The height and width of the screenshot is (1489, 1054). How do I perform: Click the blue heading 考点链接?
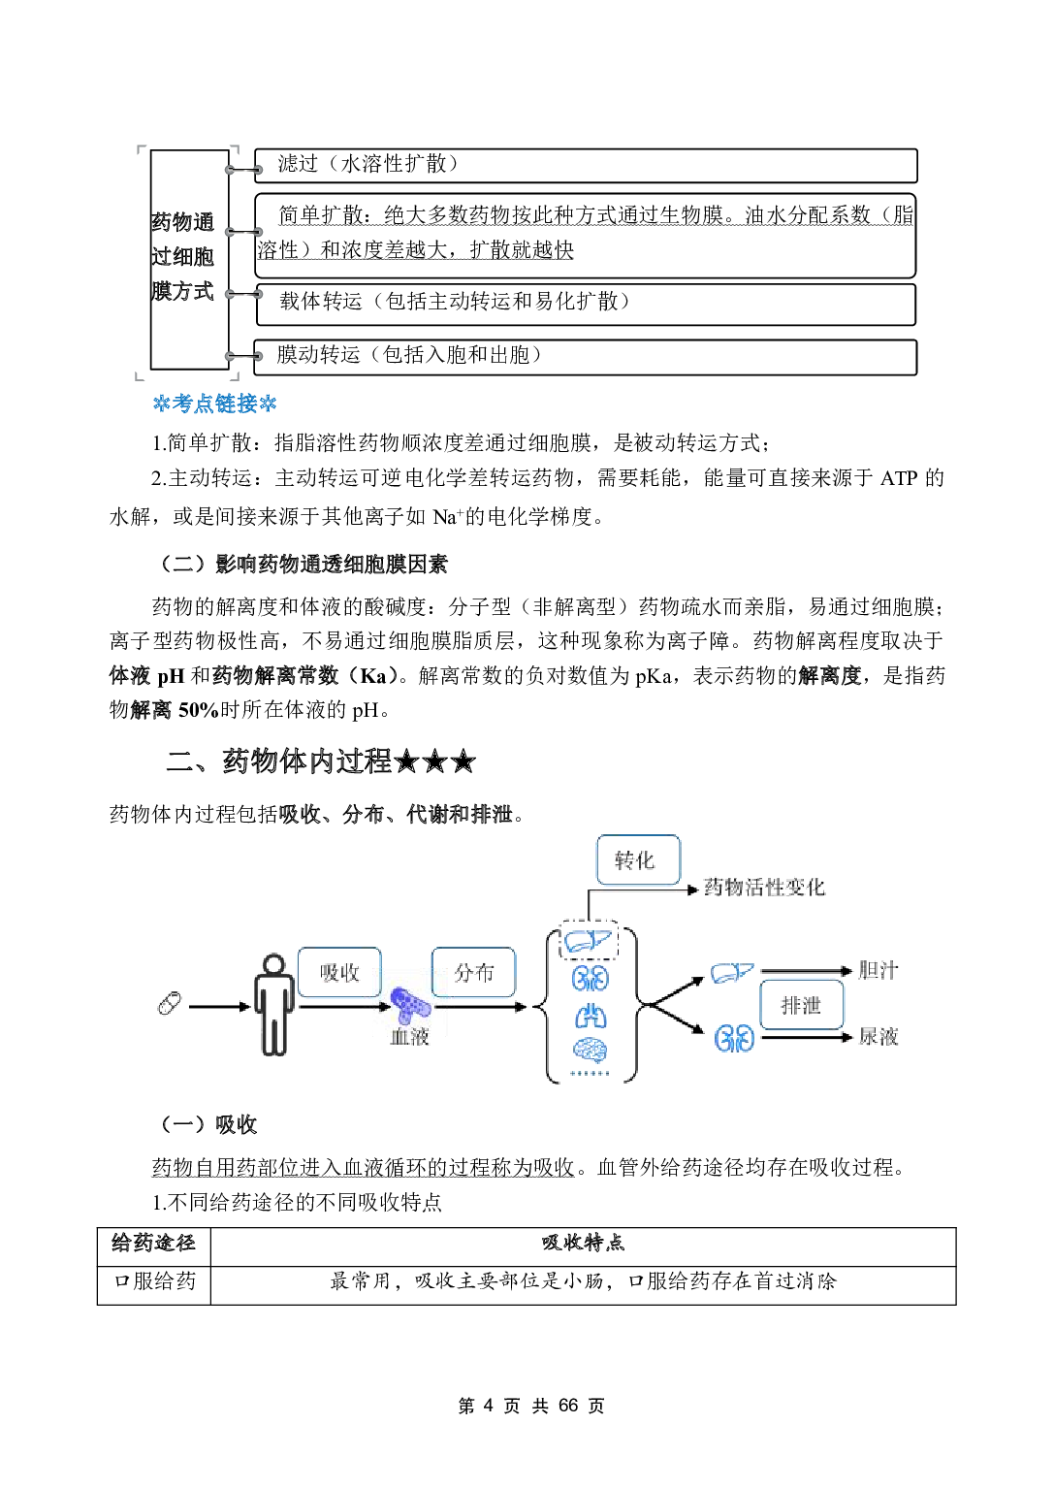(214, 404)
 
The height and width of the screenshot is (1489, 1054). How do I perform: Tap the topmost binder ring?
(243, 170)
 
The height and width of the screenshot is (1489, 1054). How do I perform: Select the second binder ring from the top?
(243, 232)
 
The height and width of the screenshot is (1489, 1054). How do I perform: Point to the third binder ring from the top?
(243, 294)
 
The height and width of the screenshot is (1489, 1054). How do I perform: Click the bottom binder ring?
(243, 356)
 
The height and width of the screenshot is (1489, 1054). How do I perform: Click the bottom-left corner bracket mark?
(139, 376)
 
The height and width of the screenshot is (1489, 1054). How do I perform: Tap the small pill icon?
(169, 1003)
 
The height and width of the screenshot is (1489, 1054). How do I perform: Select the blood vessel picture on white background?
(410, 1004)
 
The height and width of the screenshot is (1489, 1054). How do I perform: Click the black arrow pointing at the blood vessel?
(382, 1006)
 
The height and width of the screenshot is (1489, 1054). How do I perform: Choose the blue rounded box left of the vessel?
(338, 972)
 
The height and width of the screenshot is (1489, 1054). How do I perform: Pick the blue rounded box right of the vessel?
(473, 972)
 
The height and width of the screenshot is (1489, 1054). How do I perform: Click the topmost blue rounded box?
(638, 859)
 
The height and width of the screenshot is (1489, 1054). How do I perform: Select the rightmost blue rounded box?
(802, 1004)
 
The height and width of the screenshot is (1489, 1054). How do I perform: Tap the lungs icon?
(591, 1017)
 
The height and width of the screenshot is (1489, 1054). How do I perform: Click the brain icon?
(590, 1050)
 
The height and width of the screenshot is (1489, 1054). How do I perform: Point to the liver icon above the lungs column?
(587, 940)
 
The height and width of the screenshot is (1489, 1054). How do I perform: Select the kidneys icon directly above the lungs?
(590, 978)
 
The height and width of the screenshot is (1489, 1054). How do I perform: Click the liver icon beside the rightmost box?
(731, 972)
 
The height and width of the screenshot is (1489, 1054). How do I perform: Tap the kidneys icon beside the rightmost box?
(734, 1039)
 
